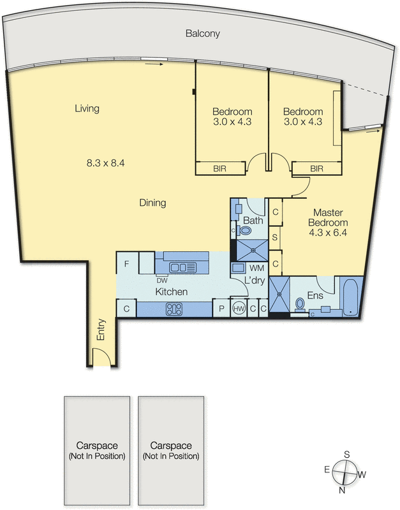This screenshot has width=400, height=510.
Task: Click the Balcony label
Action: [202, 33]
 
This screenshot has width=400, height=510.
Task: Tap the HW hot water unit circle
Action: [239, 308]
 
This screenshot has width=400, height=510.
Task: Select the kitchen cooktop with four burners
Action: [174, 309]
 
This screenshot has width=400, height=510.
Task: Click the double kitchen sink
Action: [182, 267]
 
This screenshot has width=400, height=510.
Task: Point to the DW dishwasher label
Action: [162, 280]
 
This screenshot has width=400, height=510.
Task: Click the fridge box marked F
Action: [126, 263]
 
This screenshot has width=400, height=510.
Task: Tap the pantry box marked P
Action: [221, 309]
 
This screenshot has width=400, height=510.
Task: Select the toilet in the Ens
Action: [300, 305]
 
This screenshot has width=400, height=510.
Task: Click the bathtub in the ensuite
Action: [350, 296]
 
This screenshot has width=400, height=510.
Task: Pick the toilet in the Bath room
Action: [244, 231]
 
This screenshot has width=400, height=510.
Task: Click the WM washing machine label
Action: [257, 268]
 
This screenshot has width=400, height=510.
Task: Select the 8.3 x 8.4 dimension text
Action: [106, 163]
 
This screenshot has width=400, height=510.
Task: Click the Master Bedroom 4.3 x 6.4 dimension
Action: [328, 233]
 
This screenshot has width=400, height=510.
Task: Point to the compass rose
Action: [344, 473]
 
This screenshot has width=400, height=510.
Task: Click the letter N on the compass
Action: [342, 490]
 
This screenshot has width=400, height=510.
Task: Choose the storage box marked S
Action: [275, 237]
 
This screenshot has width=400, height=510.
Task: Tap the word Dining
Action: [152, 203]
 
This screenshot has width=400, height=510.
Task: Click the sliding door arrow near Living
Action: [154, 64]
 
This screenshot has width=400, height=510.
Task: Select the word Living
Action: [87, 108]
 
